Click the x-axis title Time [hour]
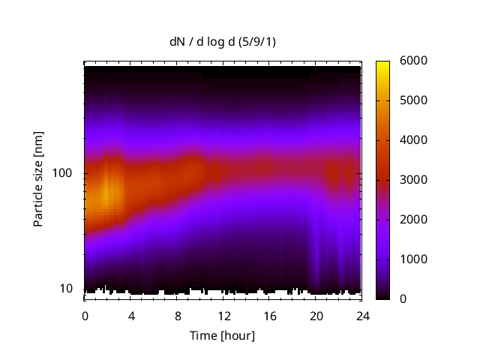[222, 335]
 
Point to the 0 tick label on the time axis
[85, 315]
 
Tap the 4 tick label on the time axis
[131, 315]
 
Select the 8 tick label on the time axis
[177, 315]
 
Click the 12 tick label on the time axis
[223, 315]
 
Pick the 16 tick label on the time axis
[269, 315]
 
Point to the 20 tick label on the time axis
[316, 315]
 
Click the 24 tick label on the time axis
[361, 315]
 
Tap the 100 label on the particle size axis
[62, 173]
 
